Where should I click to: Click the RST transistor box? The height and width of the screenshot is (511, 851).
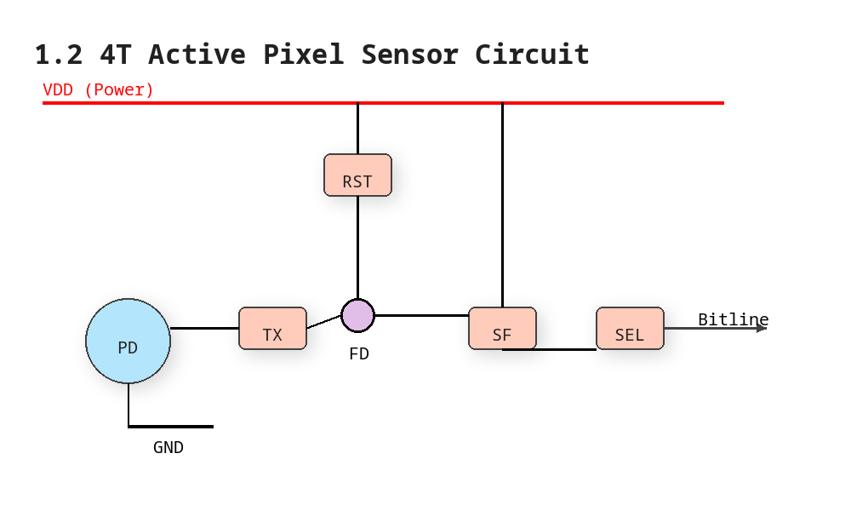[357, 175]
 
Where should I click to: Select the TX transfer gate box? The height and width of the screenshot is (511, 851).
[273, 329]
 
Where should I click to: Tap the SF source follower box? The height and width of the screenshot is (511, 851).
[503, 329]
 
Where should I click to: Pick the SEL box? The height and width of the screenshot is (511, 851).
[630, 329]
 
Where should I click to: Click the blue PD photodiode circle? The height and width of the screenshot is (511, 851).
[129, 341]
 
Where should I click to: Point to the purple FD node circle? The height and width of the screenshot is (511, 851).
[357, 315]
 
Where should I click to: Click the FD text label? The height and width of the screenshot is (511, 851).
[359, 354]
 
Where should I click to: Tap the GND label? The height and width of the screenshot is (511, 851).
[168, 447]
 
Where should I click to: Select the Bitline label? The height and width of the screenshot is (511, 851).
[734, 319]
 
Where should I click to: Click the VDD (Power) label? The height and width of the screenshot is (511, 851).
[98, 89]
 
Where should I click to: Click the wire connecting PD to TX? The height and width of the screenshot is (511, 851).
[204, 328]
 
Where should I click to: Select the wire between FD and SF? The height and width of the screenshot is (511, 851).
[422, 315]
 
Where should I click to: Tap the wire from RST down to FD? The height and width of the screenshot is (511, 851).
[357, 247]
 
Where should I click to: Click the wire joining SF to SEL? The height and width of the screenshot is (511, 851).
[549, 350]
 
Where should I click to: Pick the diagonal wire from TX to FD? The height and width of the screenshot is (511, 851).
[324, 322]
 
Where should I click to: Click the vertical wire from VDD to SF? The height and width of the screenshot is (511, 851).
[503, 205]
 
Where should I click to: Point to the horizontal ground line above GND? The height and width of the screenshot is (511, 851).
[171, 427]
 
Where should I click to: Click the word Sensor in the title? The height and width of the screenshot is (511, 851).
[410, 55]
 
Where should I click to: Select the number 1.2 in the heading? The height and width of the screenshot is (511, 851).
[59, 55]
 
